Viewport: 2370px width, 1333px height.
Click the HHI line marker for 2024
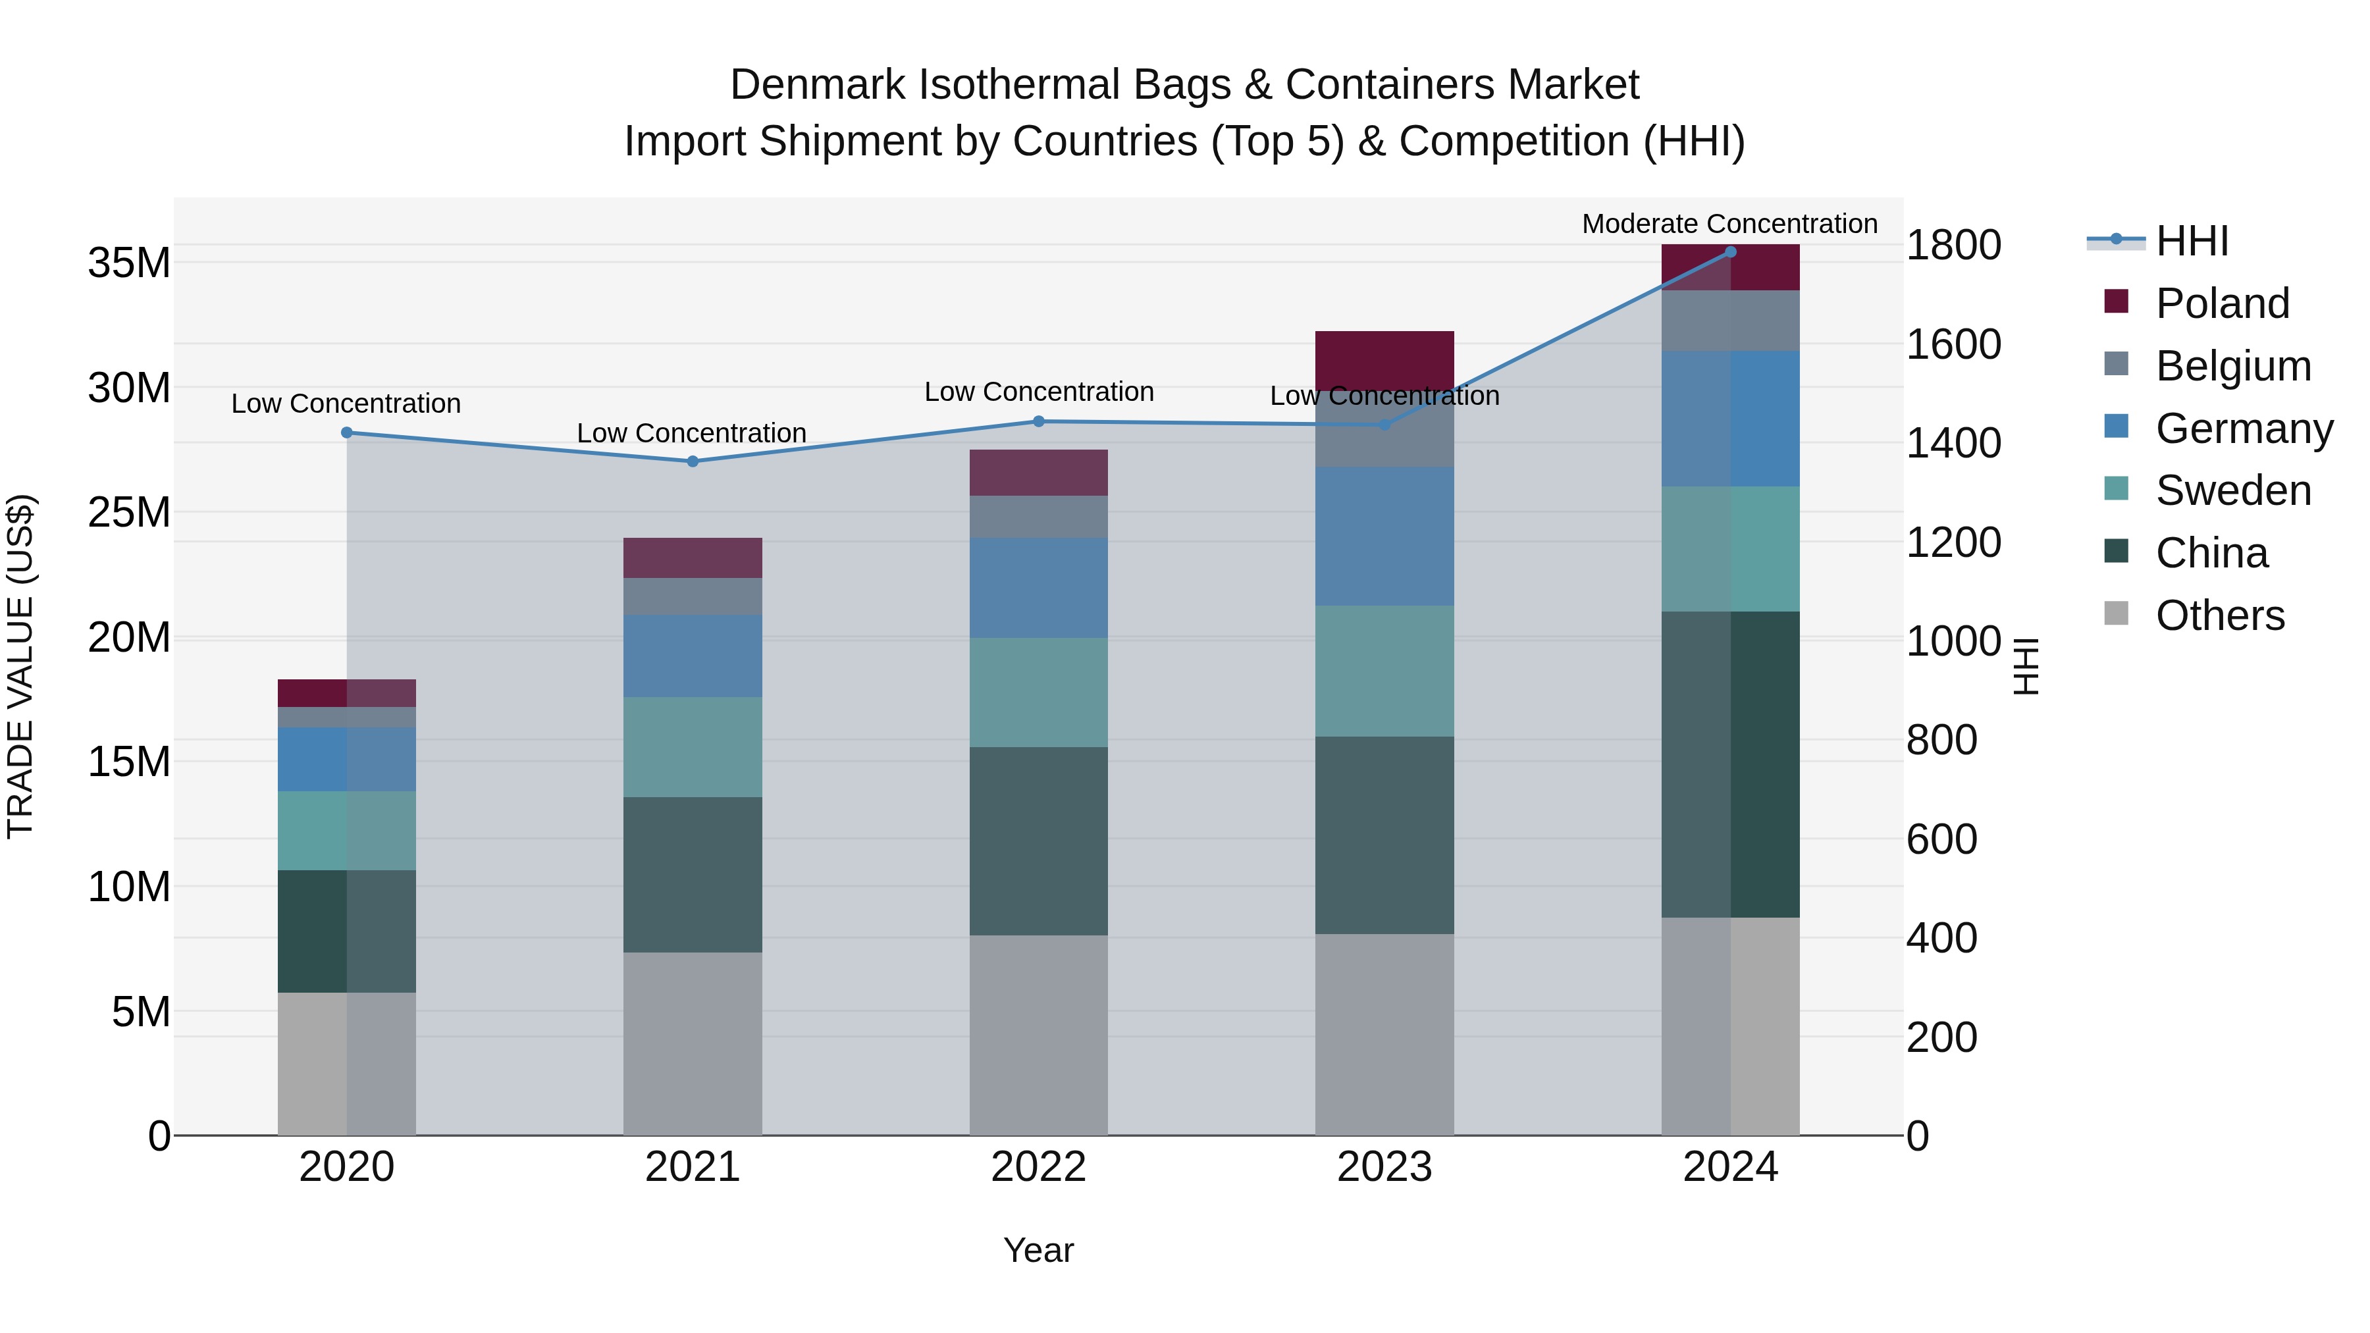tap(1729, 252)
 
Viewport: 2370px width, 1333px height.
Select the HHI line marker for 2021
tap(693, 462)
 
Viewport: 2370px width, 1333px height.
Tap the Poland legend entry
tap(2221, 303)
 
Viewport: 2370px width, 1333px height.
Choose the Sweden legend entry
tap(2232, 490)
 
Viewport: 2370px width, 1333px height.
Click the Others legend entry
tap(2219, 615)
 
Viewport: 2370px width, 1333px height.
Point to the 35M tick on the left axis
tap(129, 263)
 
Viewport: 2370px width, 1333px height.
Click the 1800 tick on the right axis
tap(1953, 246)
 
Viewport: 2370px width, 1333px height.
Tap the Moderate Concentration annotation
tap(1729, 224)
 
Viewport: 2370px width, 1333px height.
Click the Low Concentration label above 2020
tap(346, 404)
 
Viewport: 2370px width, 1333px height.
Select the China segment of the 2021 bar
tap(693, 874)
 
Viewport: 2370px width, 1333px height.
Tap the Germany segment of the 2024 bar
tap(1729, 419)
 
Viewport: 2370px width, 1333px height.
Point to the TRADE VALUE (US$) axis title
tap(20, 666)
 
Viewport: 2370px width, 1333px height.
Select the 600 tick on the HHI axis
tap(1941, 840)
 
